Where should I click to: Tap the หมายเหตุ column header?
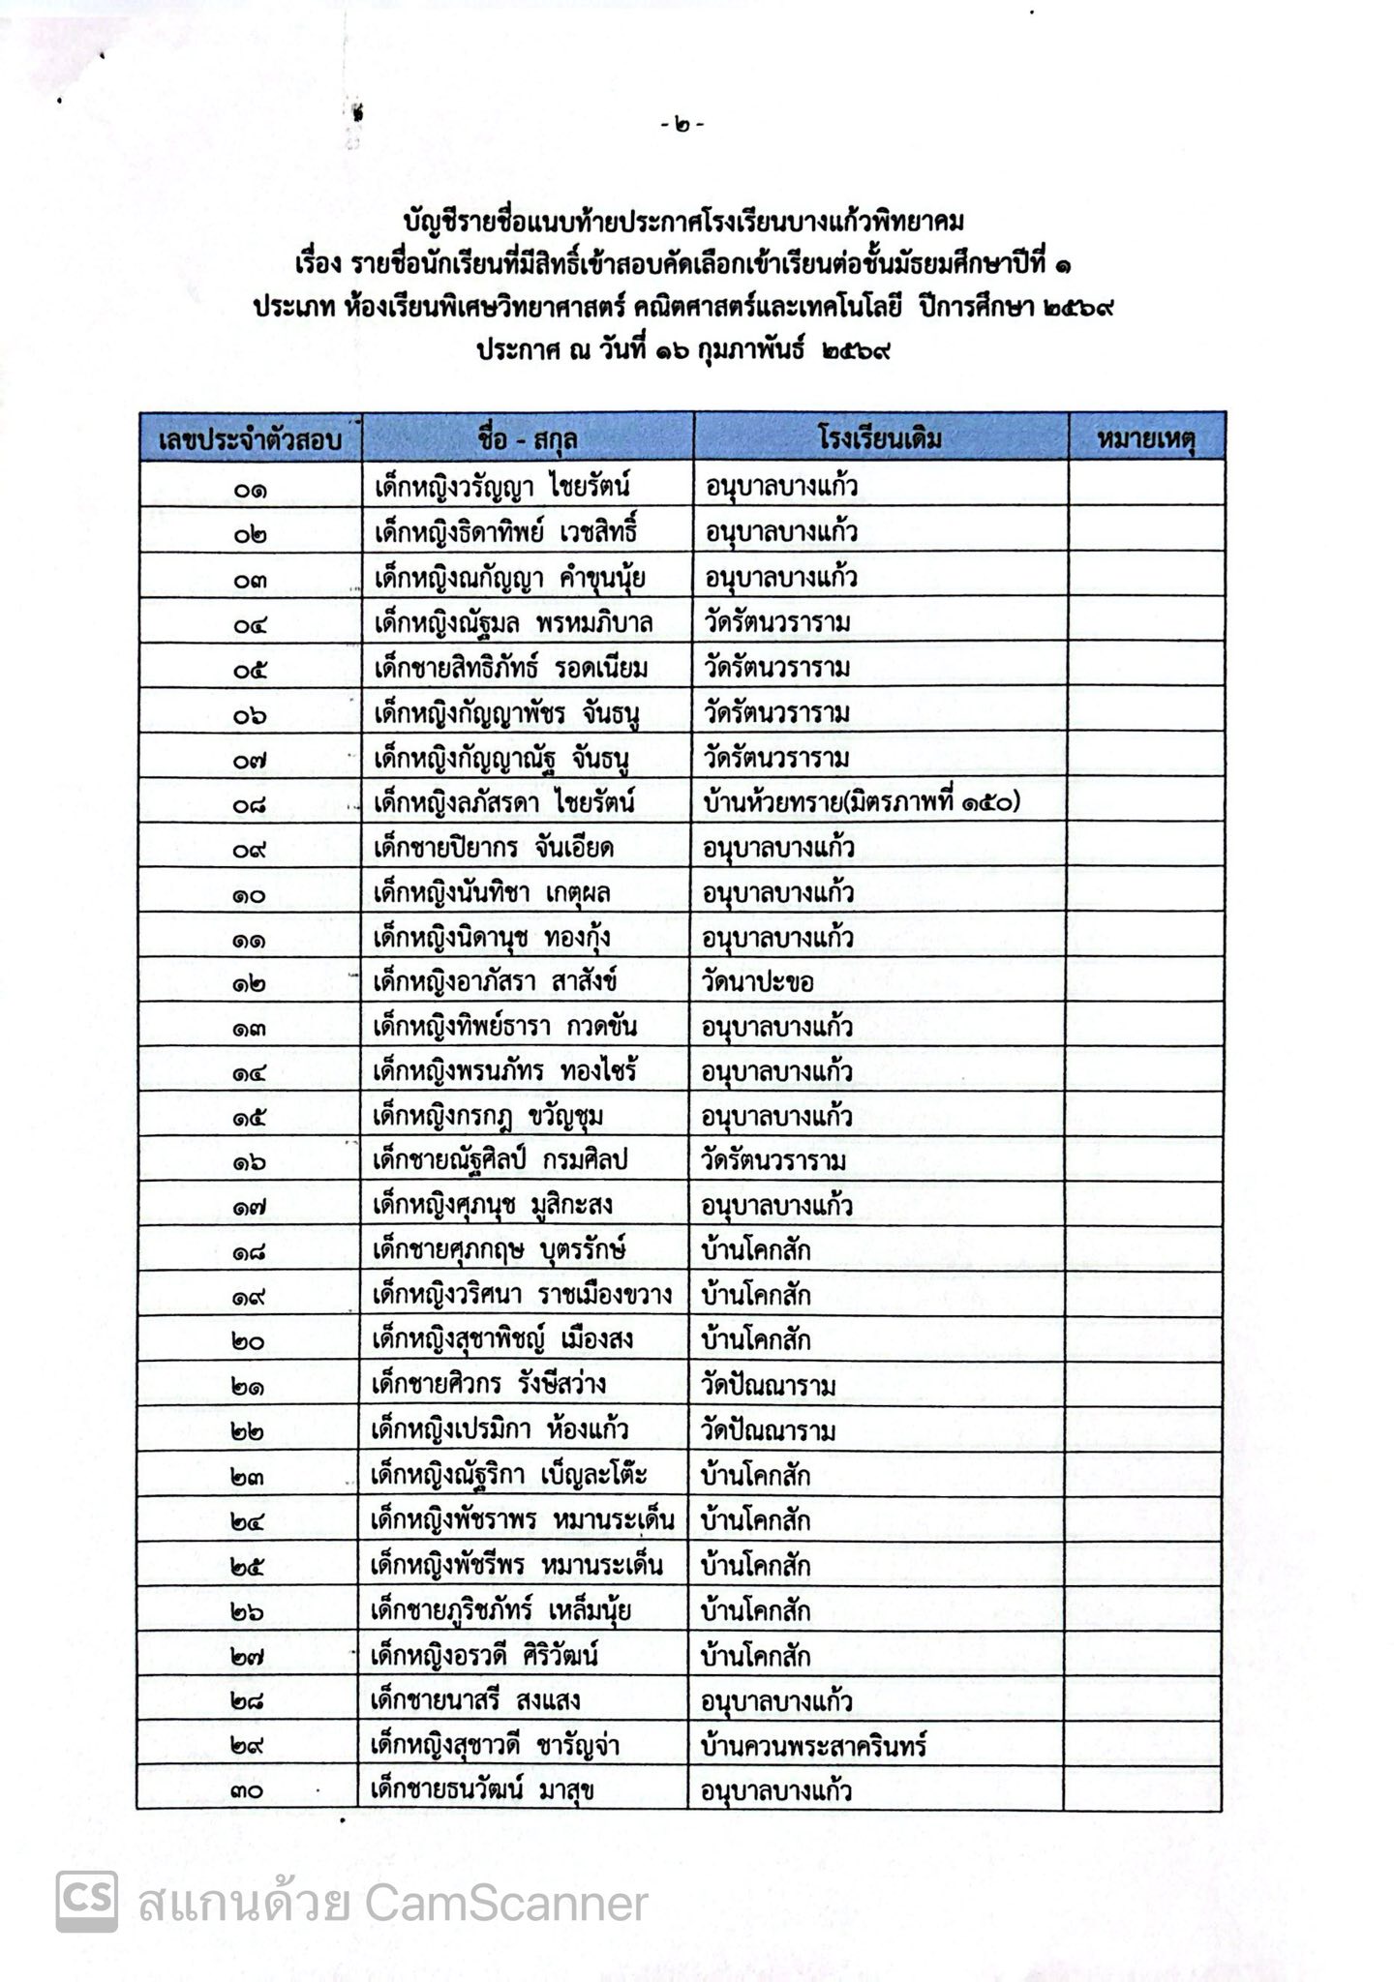[1146, 438]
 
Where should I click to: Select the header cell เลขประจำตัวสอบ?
[250, 439]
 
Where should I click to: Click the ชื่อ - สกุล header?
[528, 439]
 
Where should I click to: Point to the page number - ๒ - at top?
[682, 125]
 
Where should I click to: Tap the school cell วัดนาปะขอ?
[758, 982]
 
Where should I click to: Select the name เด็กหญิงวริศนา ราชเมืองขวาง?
[522, 1296]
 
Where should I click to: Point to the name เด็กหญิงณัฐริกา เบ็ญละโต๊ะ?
[509, 1476]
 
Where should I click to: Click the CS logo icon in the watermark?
[87, 1903]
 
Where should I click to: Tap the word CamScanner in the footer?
[506, 1905]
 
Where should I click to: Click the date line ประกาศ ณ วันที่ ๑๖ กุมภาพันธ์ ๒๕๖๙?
[682, 349]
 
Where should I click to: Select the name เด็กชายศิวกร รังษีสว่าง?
[490, 1385]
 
